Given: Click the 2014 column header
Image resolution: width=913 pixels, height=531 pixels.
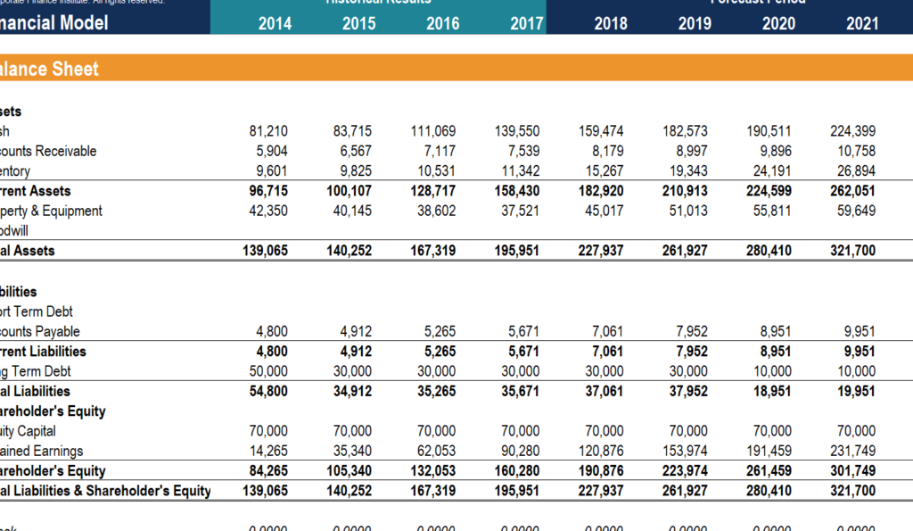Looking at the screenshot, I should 275,24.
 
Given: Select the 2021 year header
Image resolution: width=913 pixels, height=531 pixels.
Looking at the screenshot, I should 862,24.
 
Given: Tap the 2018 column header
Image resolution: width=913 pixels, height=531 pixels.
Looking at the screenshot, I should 611,24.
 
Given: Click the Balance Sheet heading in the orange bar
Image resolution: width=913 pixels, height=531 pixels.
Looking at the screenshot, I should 50,69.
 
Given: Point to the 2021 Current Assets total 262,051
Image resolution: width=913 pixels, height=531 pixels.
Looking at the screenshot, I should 853,191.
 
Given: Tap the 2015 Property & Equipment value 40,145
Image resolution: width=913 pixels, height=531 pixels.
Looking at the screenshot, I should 352,211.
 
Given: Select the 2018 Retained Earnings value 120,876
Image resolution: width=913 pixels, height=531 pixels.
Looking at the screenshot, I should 601,451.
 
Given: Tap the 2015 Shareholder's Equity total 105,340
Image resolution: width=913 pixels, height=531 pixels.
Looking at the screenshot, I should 350,470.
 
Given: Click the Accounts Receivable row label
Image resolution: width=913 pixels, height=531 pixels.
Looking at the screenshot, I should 49,151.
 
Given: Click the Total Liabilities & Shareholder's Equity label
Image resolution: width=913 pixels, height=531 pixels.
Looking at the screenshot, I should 105,490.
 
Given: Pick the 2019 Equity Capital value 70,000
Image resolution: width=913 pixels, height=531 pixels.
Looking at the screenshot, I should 688,431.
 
